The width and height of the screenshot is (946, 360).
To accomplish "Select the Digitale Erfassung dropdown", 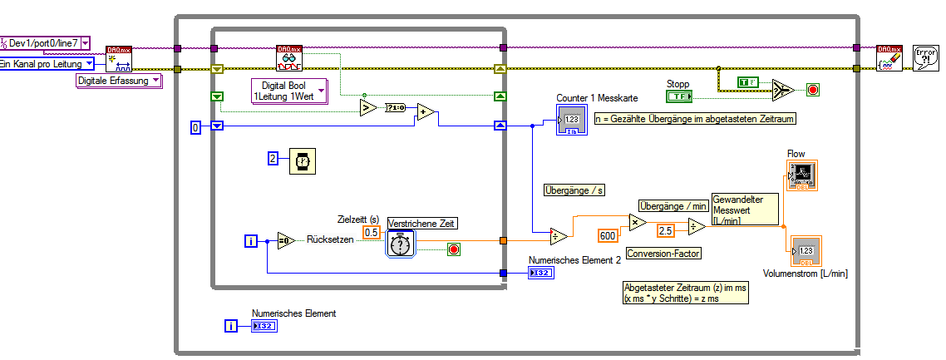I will click(116, 81).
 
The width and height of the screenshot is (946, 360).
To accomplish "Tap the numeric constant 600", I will click(608, 235).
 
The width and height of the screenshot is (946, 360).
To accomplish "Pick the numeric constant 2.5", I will click(665, 229).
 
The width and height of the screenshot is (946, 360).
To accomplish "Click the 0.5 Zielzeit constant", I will click(372, 232).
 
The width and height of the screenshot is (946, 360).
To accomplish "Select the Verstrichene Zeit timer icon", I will click(401, 244).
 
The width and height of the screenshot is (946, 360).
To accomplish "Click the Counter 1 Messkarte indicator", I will click(573, 121).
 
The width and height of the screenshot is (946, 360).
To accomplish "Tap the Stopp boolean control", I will click(680, 96).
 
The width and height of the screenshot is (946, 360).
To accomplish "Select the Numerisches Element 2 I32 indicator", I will click(539, 273).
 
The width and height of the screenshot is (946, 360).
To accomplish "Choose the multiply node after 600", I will click(638, 222).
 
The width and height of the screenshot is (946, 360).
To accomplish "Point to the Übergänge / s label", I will click(574, 190).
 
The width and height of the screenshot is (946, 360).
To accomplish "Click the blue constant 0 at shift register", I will click(196, 127).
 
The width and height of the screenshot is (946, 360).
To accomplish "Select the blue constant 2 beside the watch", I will click(273, 159).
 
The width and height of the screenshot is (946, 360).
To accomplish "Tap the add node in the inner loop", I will click(425, 113).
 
